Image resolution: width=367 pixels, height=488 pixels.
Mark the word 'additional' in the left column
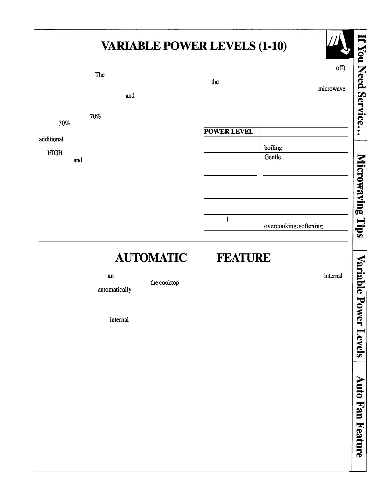click(51, 139)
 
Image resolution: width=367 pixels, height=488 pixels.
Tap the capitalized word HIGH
click(55, 153)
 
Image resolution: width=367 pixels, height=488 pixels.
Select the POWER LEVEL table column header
click(229, 132)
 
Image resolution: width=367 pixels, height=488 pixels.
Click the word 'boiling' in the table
click(273, 148)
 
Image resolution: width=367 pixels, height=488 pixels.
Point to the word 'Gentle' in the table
click(273, 157)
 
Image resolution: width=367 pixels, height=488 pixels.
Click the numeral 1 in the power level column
click(227, 219)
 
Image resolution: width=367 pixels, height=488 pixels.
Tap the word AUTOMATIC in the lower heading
click(151, 258)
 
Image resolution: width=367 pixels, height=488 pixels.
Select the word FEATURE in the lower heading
click(243, 258)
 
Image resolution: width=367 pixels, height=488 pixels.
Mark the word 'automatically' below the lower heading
click(114, 290)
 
